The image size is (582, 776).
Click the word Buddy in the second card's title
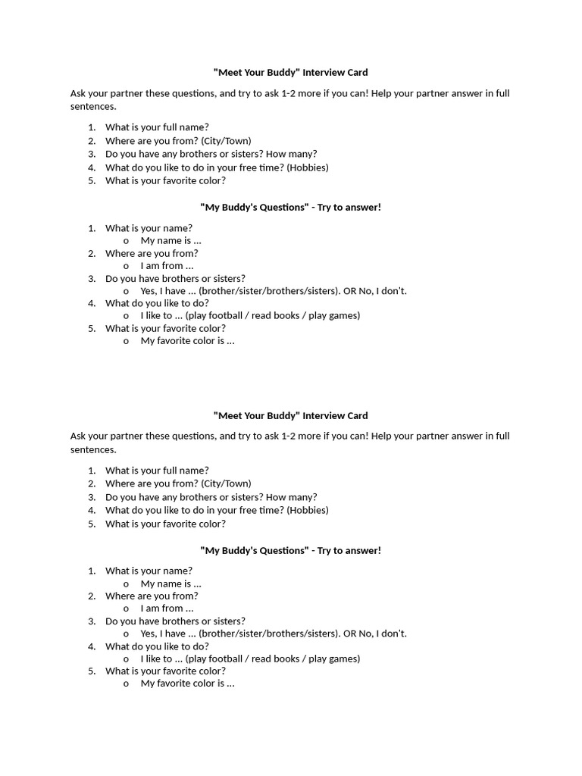point(280,416)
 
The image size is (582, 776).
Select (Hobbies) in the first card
point(308,167)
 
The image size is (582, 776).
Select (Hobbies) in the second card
point(308,510)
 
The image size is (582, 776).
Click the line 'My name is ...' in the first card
point(171,241)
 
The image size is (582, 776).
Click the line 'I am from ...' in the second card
point(167,609)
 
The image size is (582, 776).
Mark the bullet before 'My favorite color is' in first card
point(126,342)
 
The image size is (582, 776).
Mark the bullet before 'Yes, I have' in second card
point(126,634)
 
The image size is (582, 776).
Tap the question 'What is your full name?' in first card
point(157,127)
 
